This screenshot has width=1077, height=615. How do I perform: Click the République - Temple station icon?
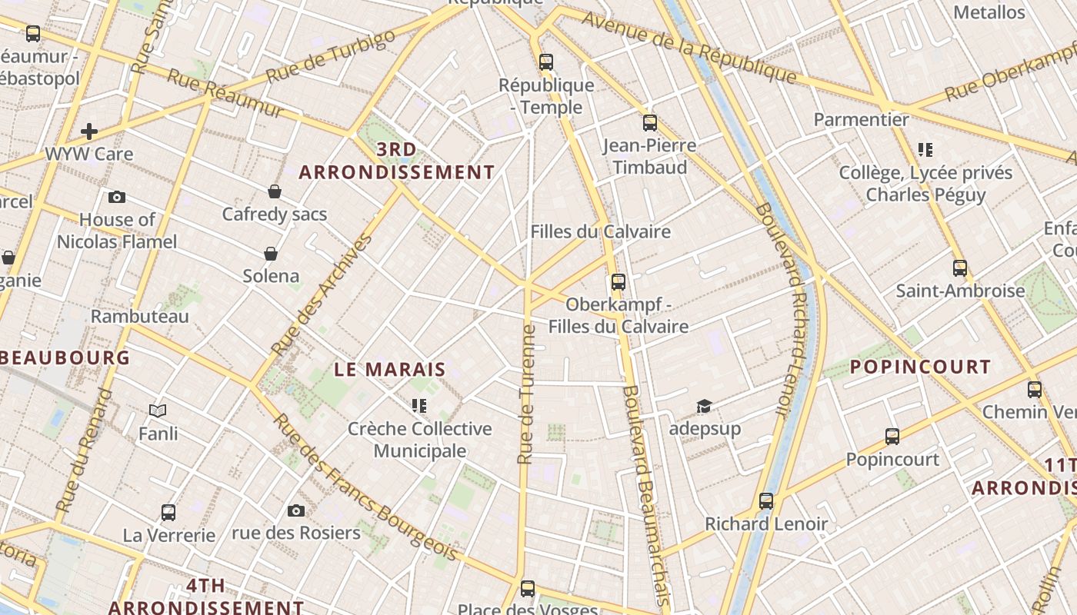coord(546,62)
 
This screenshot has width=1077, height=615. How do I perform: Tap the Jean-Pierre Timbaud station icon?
coord(650,123)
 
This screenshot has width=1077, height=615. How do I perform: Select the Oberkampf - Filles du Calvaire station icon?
coord(618,282)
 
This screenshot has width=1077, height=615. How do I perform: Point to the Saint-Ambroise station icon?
coord(960,268)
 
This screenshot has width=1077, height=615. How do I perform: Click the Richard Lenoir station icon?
coord(766,501)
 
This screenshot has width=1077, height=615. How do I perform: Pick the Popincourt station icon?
coord(892,437)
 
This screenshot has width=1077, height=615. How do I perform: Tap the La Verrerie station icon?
coord(168,512)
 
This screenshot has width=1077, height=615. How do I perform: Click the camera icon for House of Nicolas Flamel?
coord(117,198)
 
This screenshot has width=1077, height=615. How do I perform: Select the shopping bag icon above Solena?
coord(271,254)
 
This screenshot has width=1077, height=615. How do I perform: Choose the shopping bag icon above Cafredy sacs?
coord(275,191)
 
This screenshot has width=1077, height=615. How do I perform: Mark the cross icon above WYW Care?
coord(89,131)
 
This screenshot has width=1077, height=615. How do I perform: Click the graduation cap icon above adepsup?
coord(704,406)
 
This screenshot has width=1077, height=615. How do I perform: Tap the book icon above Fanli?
coord(158,411)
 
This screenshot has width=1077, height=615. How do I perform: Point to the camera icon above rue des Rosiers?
coord(296,510)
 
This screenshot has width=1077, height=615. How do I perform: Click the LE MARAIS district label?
coord(390,369)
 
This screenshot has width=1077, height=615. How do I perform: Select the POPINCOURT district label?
coord(920,367)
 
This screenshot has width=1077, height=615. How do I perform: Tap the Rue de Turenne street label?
coord(527,394)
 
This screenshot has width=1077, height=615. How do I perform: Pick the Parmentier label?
coord(862,120)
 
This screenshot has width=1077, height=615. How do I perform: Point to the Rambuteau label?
coord(140,316)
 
